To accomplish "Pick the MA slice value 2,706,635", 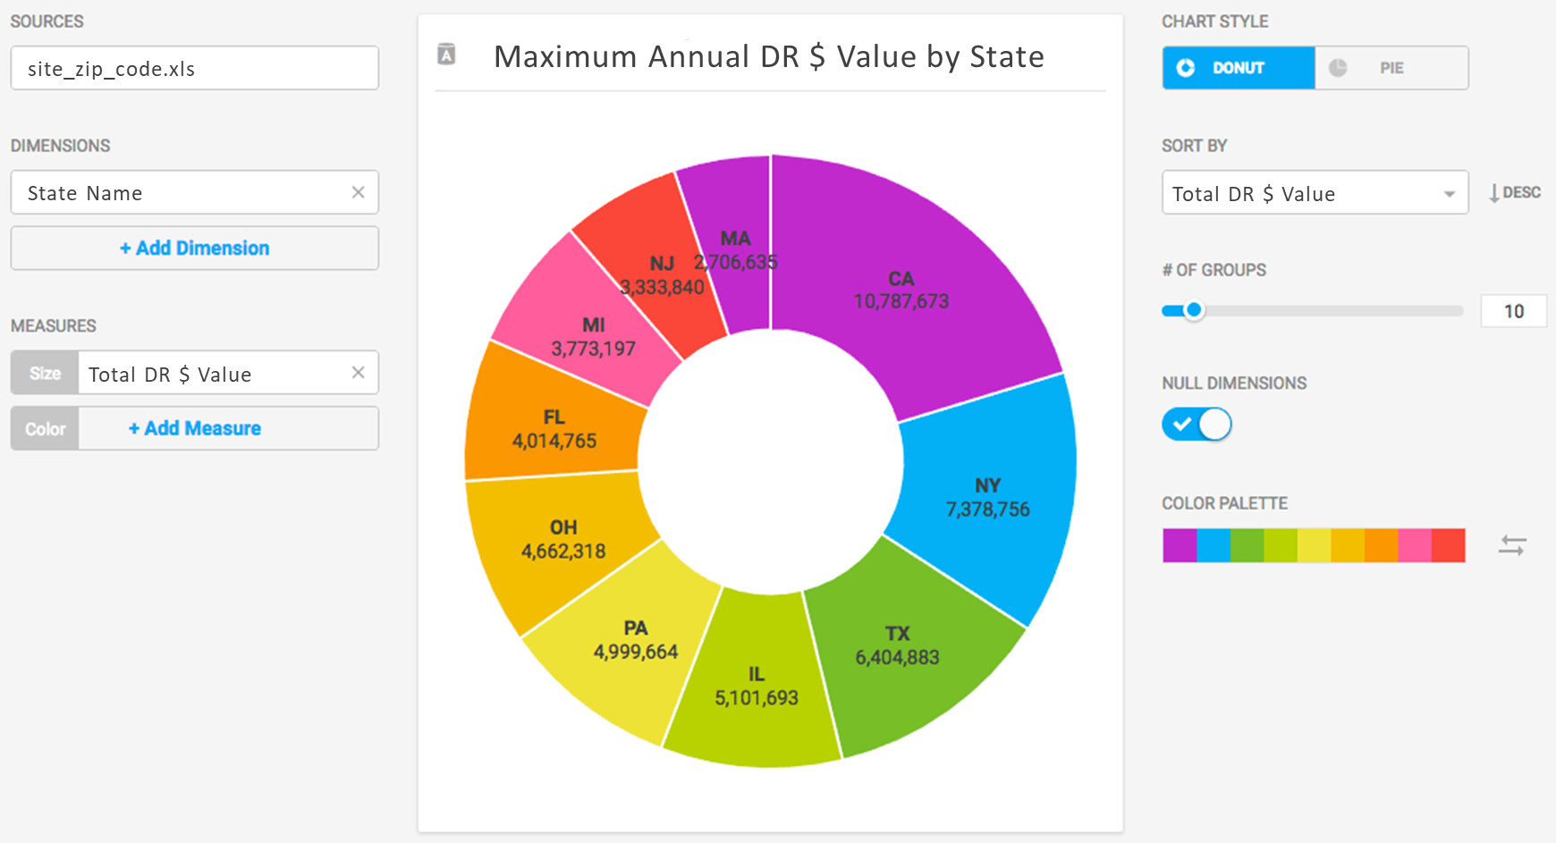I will tap(736, 263).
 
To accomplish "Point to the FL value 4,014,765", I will tap(554, 441).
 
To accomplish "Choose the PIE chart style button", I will tap(1391, 68).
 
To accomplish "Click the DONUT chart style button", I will tap(1239, 68).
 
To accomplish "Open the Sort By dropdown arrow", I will tap(1449, 194).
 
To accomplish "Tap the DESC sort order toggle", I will tap(1515, 193).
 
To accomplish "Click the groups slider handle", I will tap(1194, 311).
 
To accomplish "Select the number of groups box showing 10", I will tap(1513, 311).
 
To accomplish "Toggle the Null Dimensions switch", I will tap(1197, 425).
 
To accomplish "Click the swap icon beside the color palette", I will tap(1512, 545).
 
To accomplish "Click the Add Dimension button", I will tap(195, 249).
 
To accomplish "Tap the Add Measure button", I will tap(195, 429).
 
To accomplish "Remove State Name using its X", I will tap(359, 192).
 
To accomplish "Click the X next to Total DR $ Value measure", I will tap(359, 373).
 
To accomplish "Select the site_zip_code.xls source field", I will tap(195, 69).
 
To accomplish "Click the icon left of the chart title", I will tap(446, 55).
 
